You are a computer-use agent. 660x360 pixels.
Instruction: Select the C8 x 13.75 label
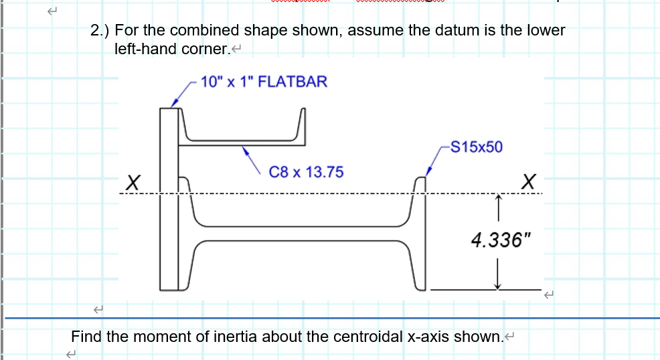pyautogui.click(x=306, y=172)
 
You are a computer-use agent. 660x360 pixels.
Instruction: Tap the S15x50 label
pyautogui.click(x=477, y=147)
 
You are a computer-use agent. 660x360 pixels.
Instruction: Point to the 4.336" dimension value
pyautogui.click(x=496, y=240)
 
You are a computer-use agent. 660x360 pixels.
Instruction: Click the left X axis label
pyautogui.click(x=134, y=181)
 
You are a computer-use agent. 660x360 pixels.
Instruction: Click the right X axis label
pyautogui.click(x=529, y=181)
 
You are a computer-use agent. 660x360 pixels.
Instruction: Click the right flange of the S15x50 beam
pyautogui.click(x=420, y=234)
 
